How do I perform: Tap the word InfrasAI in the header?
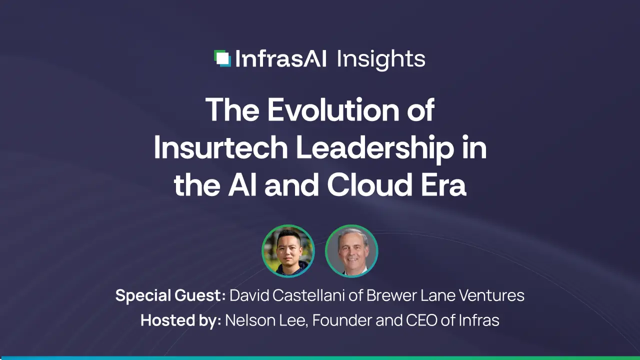tap(280, 59)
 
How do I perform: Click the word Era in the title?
tap(445, 185)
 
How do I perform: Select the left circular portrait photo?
tap(288, 251)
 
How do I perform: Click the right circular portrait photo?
tap(351, 251)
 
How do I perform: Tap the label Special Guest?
tap(170, 295)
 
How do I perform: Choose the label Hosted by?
tap(180, 320)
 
